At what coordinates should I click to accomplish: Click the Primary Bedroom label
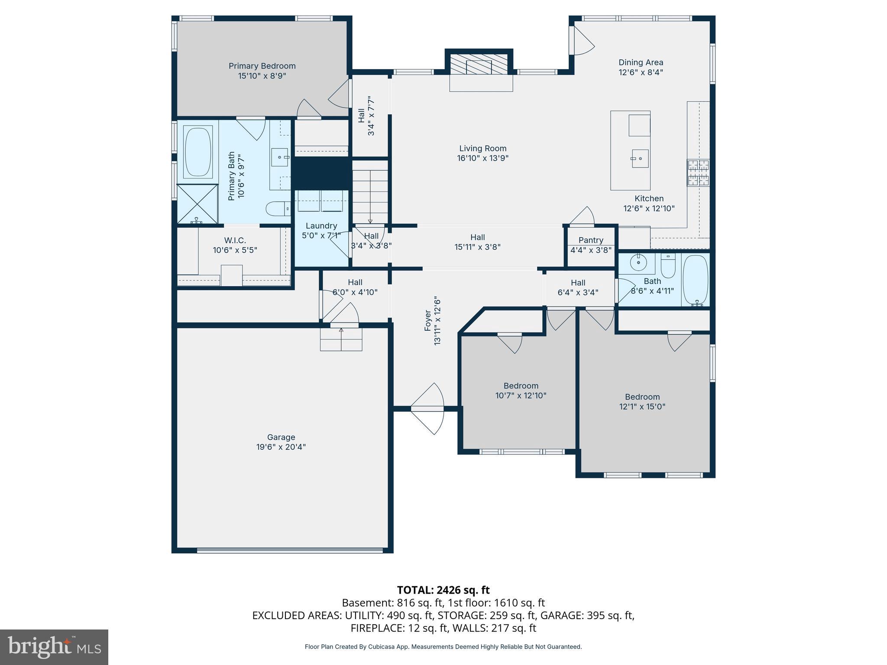pyautogui.click(x=262, y=66)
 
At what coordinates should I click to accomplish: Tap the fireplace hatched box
pyautogui.click(x=479, y=65)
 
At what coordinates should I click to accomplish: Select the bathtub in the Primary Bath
pyautogui.click(x=198, y=152)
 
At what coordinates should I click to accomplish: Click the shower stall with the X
pyautogui.click(x=197, y=204)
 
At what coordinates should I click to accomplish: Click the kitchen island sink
pyautogui.click(x=640, y=158)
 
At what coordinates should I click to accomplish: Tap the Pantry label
pyautogui.click(x=591, y=240)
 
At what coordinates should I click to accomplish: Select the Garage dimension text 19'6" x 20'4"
pyautogui.click(x=281, y=447)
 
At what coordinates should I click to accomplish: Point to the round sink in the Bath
pyautogui.click(x=638, y=262)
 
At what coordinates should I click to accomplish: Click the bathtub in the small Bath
pyautogui.click(x=696, y=280)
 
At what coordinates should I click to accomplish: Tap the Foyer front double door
pyautogui.click(x=427, y=408)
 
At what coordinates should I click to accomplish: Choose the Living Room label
pyautogui.click(x=482, y=148)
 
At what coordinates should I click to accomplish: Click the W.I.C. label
pyautogui.click(x=235, y=240)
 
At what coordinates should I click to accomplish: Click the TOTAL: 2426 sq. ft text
pyautogui.click(x=443, y=590)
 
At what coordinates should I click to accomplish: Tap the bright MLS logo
pyautogui.click(x=54, y=647)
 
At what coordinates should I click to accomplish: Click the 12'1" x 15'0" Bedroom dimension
pyautogui.click(x=642, y=407)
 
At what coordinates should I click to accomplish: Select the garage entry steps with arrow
pyautogui.click(x=341, y=339)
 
